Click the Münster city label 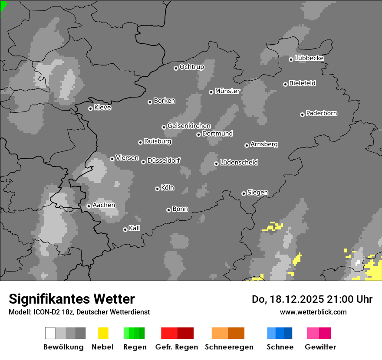tap(227, 91)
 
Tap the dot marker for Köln tap(157, 189)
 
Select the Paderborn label tap(322, 114)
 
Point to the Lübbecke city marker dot tap(291, 59)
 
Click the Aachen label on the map tap(104, 205)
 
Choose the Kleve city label tap(102, 108)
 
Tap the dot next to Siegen tap(244, 193)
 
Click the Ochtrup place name tap(192, 67)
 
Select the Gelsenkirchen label tap(189, 126)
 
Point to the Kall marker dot tap(125, 229)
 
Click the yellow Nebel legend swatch tap(103, 333)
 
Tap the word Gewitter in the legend tap(320, 347)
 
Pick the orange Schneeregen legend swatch tap(228, 333)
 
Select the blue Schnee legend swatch tap(280, 333)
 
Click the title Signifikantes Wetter tap(72, 299)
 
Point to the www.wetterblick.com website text tap(313, 312)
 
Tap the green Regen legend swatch tap(134, 333)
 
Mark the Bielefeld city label tap(303, 83)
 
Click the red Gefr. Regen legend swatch tap(177, 333)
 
